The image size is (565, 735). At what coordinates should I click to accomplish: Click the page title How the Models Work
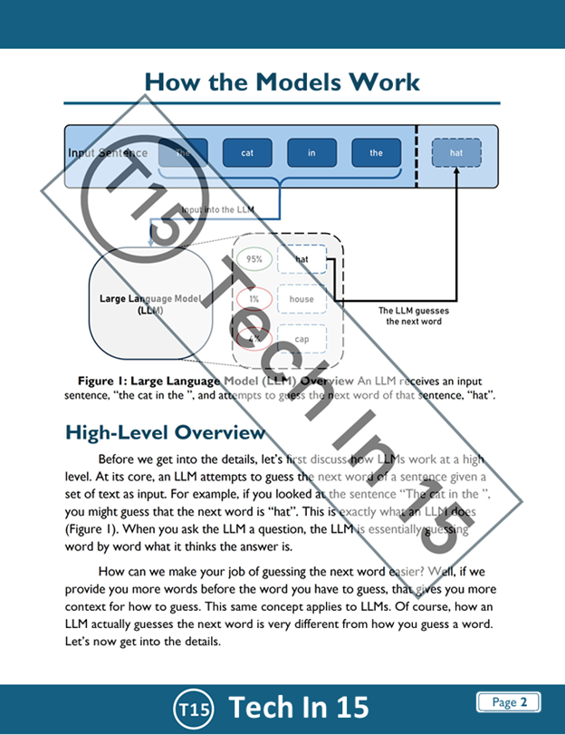(282, 82)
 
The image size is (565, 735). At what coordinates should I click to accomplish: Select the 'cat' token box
(247, 153)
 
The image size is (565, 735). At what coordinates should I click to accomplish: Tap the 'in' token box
(311, 153)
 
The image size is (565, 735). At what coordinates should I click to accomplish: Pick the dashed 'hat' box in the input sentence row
(456, 153)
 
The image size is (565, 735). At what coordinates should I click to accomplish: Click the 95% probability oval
(254, 259)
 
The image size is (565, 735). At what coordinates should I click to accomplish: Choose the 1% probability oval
(254, 299)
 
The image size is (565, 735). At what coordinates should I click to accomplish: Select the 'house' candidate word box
(302, 299)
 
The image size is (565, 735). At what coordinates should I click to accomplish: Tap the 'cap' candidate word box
(302, 339)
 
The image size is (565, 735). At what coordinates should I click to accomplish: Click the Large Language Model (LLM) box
(150, 304)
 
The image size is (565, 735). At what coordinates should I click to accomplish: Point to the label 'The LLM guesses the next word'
(413, 316)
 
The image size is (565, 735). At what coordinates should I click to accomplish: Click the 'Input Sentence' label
(108, 153)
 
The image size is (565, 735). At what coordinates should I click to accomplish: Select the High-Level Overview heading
(165, 433)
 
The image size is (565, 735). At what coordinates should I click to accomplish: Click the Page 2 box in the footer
(508, 702)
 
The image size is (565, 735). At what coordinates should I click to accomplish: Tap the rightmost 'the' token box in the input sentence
(376, 153)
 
